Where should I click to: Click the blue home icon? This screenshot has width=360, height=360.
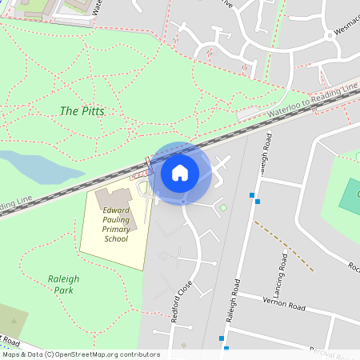tap(180, 172)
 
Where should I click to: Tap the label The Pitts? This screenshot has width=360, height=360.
tap(81, 110)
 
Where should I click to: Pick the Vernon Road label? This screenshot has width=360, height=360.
tap(284, 302)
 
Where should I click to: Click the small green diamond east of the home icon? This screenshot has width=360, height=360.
tap(223, 209)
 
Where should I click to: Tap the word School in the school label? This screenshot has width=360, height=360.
tap(116, 238)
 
